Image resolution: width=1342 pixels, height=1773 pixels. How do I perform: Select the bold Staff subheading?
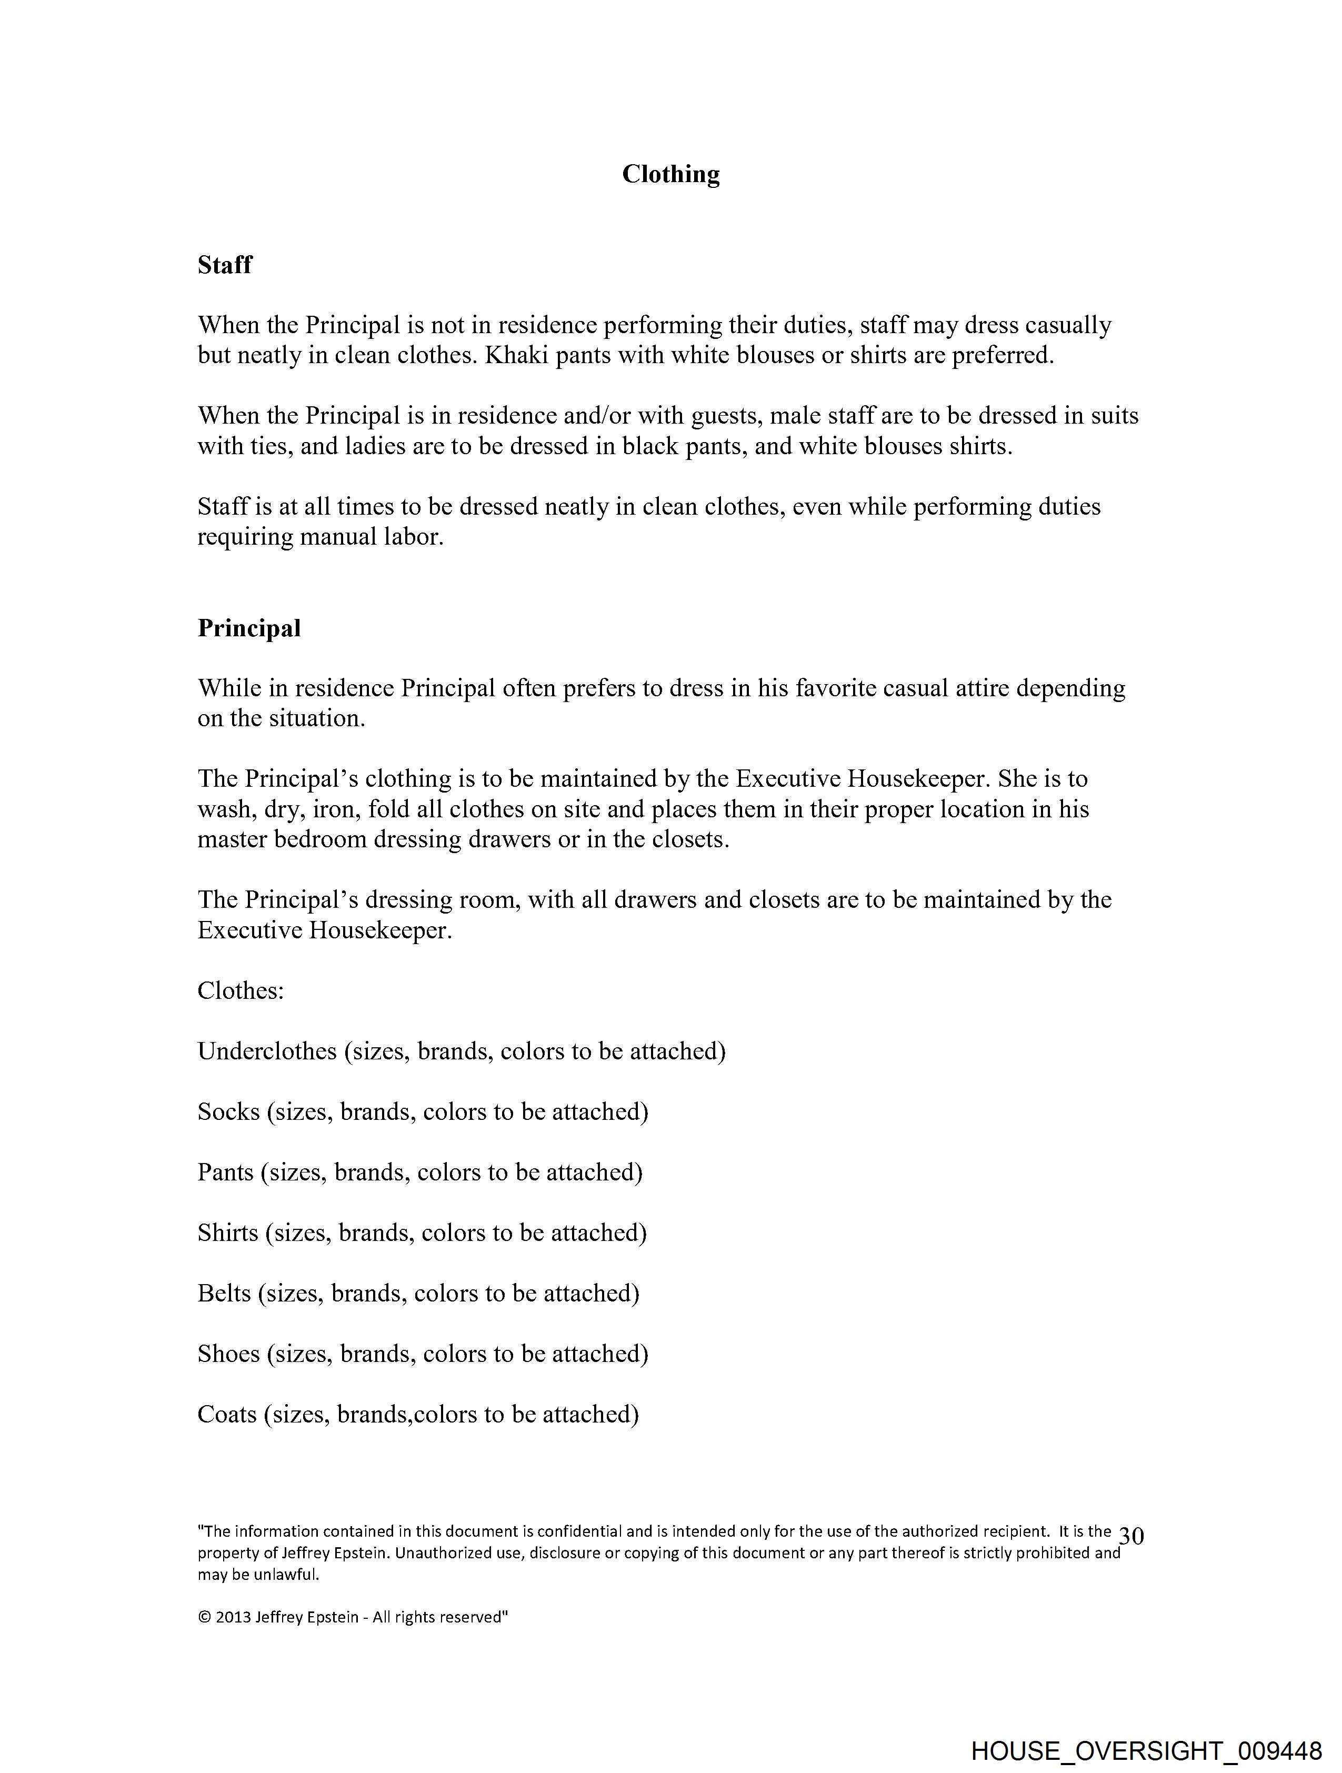[x=225, y=265]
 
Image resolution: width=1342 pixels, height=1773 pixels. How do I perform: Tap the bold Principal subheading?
[x=249, y=628]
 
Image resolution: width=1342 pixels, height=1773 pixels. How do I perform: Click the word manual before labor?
[x=336, y=537]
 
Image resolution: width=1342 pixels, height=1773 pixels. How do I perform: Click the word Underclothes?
[x=267, y=1051]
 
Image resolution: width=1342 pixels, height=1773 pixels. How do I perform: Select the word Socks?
[x=228, y=1111]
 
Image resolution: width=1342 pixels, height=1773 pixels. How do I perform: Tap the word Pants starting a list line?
[x=225, y=1172]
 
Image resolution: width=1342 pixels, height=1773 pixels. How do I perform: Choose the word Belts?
[x=225, y=1293]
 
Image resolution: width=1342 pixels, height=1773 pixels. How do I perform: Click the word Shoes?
[x=228, y=1354]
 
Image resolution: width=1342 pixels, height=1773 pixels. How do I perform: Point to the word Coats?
[x=227, y=1414]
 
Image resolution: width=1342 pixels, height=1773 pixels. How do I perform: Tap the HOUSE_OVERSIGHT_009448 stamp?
[x=1146, y=1750]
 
